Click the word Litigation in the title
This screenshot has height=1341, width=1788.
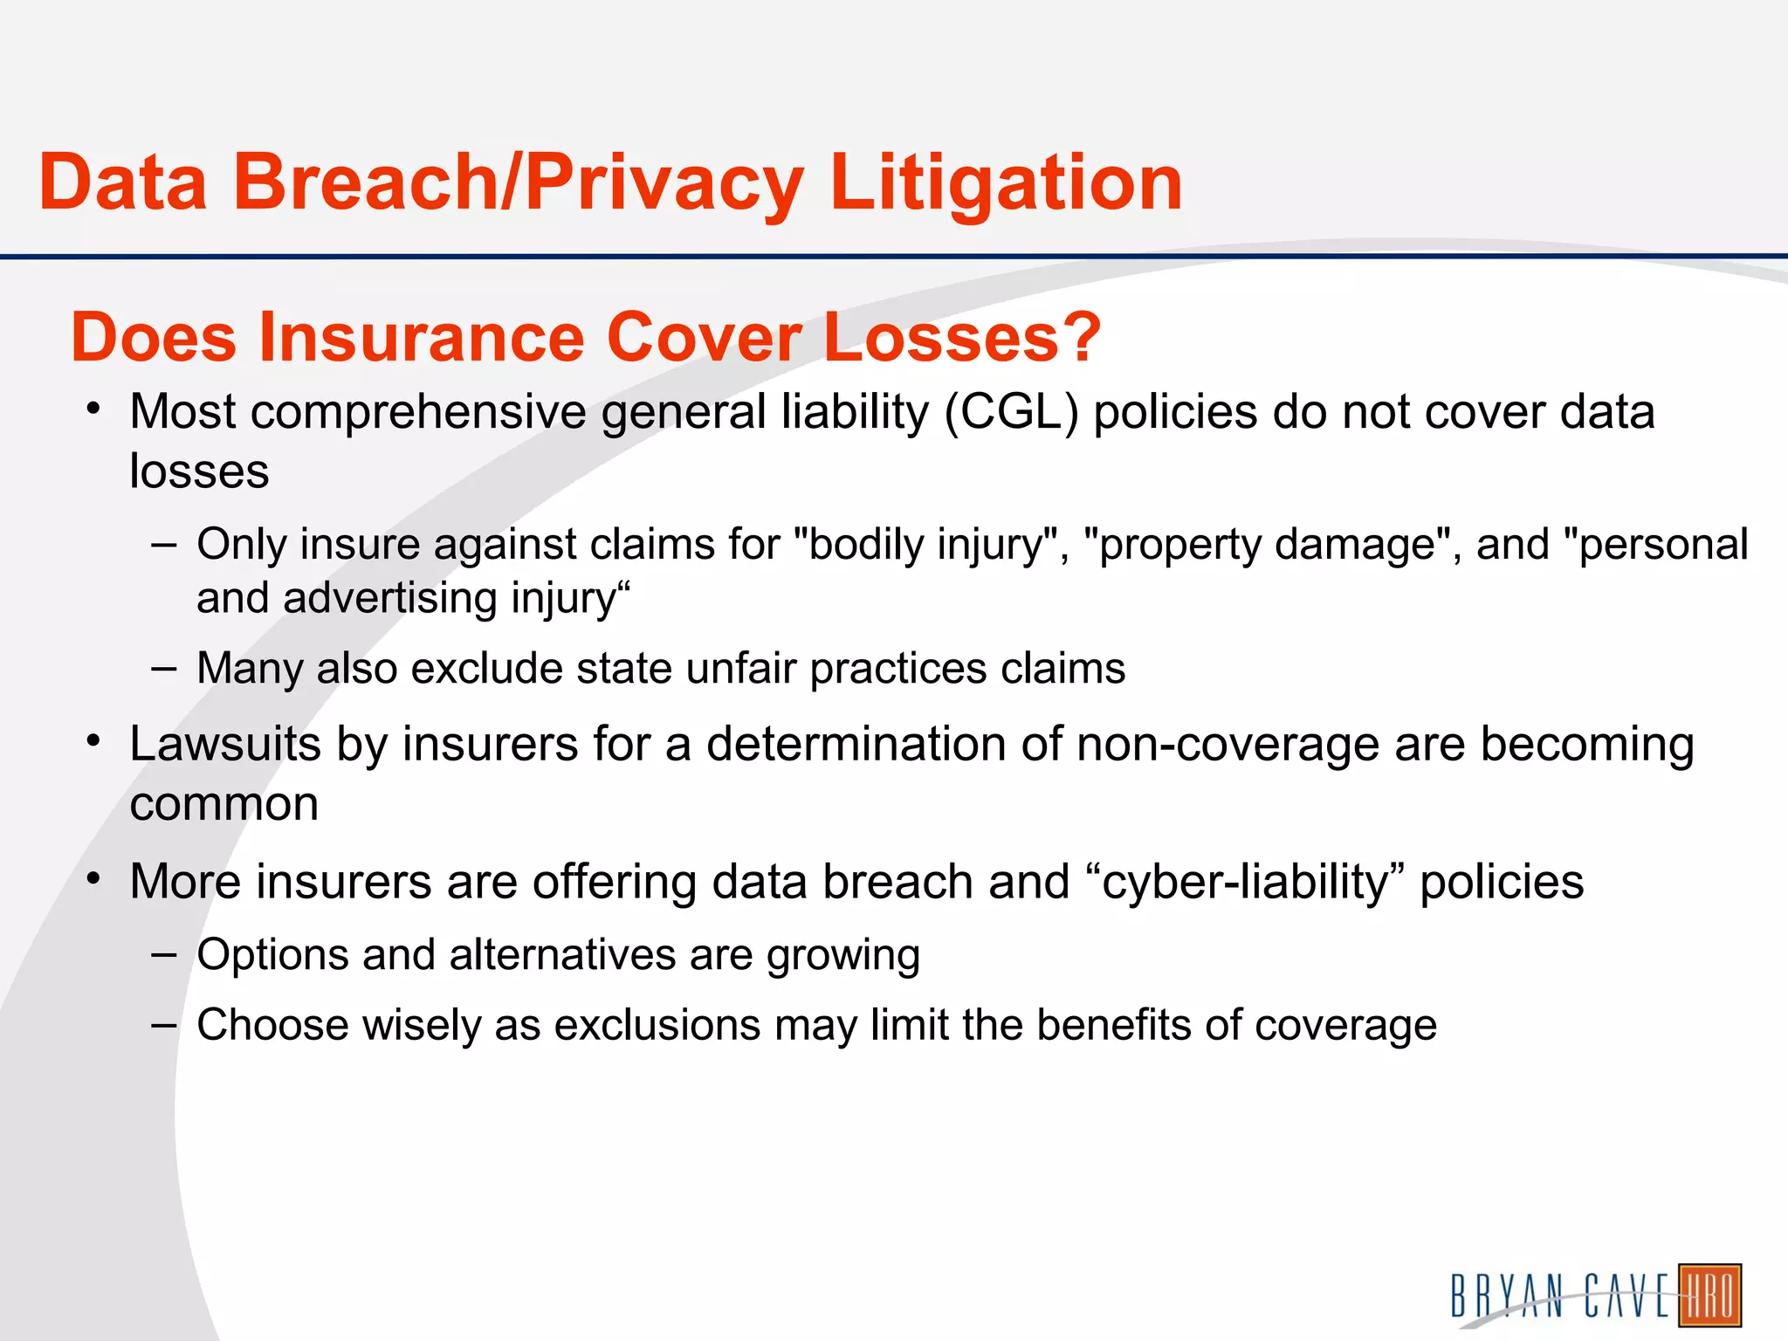pos(1006,183)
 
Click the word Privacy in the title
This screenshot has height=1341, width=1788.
pos(664,183)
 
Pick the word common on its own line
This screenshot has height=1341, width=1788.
pos(223,804)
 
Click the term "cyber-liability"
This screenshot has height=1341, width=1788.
pos(1245,882)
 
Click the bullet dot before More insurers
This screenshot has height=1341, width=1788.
pos(94,877)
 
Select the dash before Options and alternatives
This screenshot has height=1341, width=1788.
pos(163,954)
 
